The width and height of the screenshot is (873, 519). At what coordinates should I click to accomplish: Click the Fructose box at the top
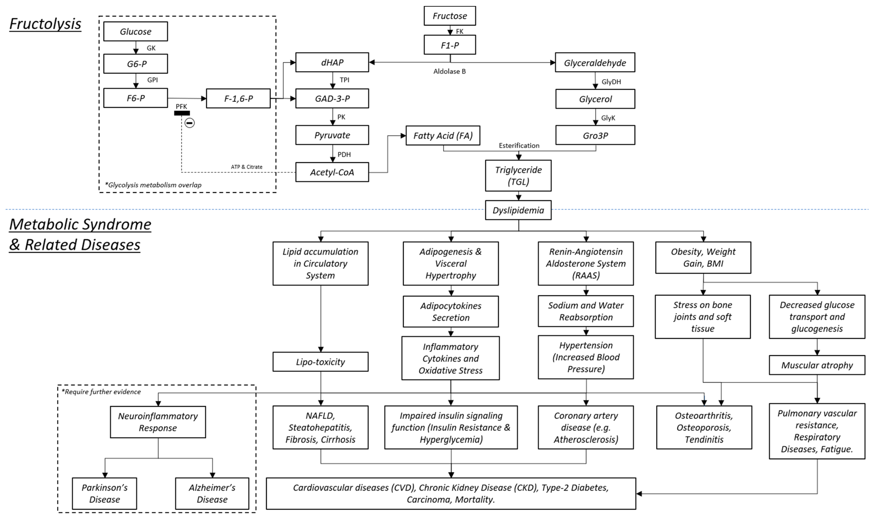450,16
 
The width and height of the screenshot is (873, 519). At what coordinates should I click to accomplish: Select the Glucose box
135,31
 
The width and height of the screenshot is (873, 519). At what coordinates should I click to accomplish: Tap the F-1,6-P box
238,98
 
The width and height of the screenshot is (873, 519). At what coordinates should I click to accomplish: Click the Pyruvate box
332,135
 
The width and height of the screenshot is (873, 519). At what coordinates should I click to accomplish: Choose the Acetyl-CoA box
332,172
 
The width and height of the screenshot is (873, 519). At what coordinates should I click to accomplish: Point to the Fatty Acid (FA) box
443,135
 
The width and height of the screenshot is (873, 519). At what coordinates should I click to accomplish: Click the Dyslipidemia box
518,210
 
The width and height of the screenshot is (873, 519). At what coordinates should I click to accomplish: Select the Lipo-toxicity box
321,362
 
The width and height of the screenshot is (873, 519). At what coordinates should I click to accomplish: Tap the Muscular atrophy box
817,365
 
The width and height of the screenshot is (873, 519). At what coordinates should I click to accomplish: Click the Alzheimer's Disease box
212,494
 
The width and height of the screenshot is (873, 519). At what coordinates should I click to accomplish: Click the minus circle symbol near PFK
190,123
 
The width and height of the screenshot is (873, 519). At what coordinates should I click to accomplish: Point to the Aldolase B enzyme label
450,71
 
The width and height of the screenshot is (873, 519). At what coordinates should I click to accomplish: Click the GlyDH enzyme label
611,82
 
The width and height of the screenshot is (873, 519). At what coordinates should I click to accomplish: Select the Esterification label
519,145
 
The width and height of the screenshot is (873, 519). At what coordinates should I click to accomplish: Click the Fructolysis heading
45,24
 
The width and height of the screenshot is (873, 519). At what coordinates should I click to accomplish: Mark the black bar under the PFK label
182,113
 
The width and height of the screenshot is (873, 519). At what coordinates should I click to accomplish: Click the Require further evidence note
101,392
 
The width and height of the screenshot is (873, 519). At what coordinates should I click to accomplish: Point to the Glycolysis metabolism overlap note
153,185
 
